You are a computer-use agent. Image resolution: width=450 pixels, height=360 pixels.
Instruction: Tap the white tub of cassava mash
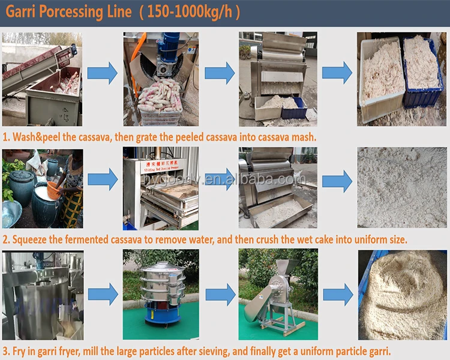tap(382, 75)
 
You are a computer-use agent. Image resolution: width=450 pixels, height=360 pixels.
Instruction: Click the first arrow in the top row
tap(102, 73)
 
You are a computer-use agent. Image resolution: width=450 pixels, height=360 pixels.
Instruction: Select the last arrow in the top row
tap(337, 73)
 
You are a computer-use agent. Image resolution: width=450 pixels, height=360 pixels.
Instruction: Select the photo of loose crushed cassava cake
tap(402, 188)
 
